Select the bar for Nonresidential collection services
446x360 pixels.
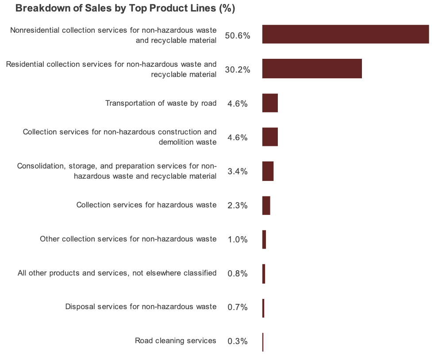click(x=345, y=34)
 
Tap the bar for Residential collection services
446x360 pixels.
click(x=312, y=69)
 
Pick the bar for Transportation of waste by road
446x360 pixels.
click(x=270, y=103)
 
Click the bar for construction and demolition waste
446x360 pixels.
click(x=270, y=137)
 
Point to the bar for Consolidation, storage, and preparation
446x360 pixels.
click(x=268, y=171)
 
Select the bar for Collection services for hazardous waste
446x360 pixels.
click(x=266, y=205)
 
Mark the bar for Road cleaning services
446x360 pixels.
click(x=263, y=342)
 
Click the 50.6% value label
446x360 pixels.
click(x=238, y=36)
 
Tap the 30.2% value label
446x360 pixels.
click(x=238, y=70)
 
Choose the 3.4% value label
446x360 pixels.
click(x=238, y=172)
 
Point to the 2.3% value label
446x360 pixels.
click(x=238, y=206)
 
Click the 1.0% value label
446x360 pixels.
click(x=238, y=240)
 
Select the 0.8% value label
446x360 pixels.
click(x=238, y=274)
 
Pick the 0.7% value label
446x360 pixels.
click(x=238, y=307)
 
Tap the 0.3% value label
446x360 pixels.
click(x=238, y=341)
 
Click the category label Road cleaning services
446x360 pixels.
click(x=176, y=341)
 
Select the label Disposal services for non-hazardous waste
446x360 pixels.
click(x=141, y=306)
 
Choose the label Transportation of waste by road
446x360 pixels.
click(x=161, y=103)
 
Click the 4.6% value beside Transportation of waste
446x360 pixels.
click(x=238, y=104)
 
